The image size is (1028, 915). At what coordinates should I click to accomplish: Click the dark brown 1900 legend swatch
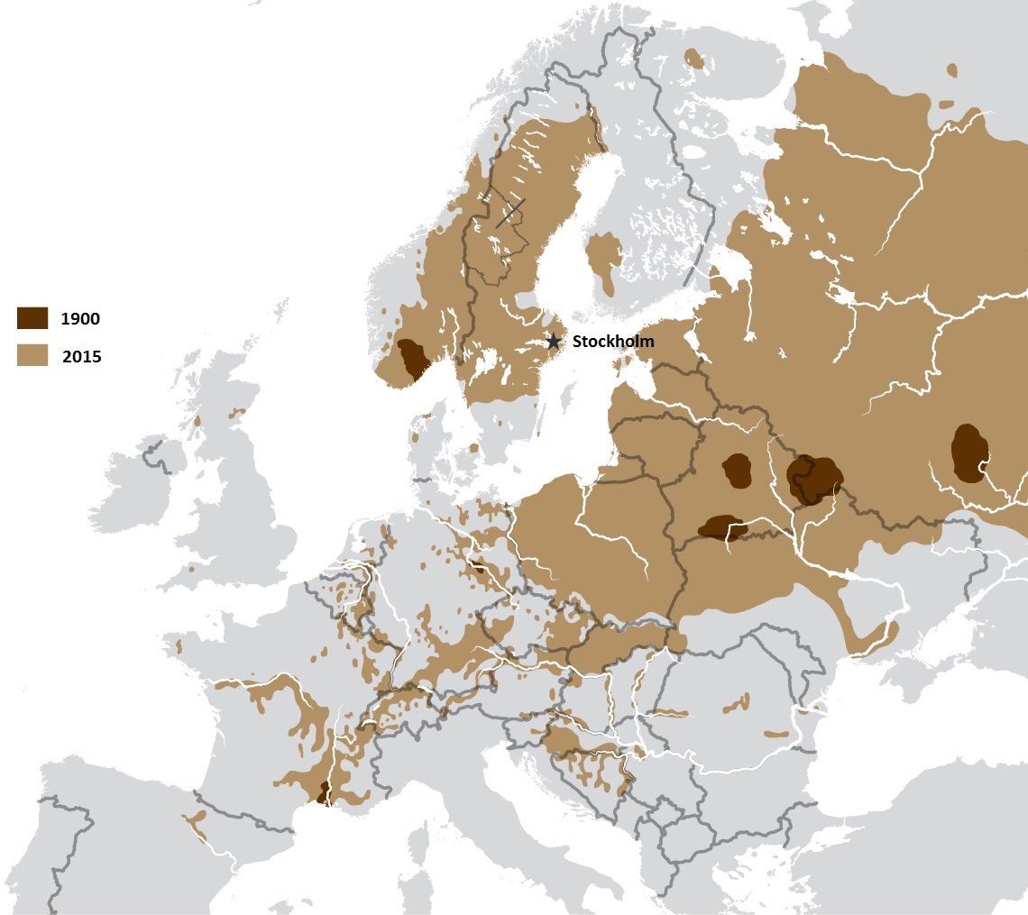pos(32,317)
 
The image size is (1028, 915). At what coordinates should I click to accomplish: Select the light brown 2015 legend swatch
pos(32,355)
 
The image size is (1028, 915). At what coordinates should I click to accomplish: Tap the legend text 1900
pos(81,318)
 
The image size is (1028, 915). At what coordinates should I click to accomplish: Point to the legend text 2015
pos(81,357)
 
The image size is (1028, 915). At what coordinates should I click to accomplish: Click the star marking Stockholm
pos(553,342)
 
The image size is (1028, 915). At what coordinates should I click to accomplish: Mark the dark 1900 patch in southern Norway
pos(414,359)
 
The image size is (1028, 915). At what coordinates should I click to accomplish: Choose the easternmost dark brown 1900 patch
pos(969,453)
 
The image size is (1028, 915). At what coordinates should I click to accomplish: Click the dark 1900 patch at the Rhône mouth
pos(322,794)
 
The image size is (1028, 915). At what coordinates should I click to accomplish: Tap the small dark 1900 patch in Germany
pos(477,567)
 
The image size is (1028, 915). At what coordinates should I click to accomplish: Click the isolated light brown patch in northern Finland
pos(694,59)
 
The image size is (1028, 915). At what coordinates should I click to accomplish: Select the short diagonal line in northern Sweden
pos(510,213)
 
